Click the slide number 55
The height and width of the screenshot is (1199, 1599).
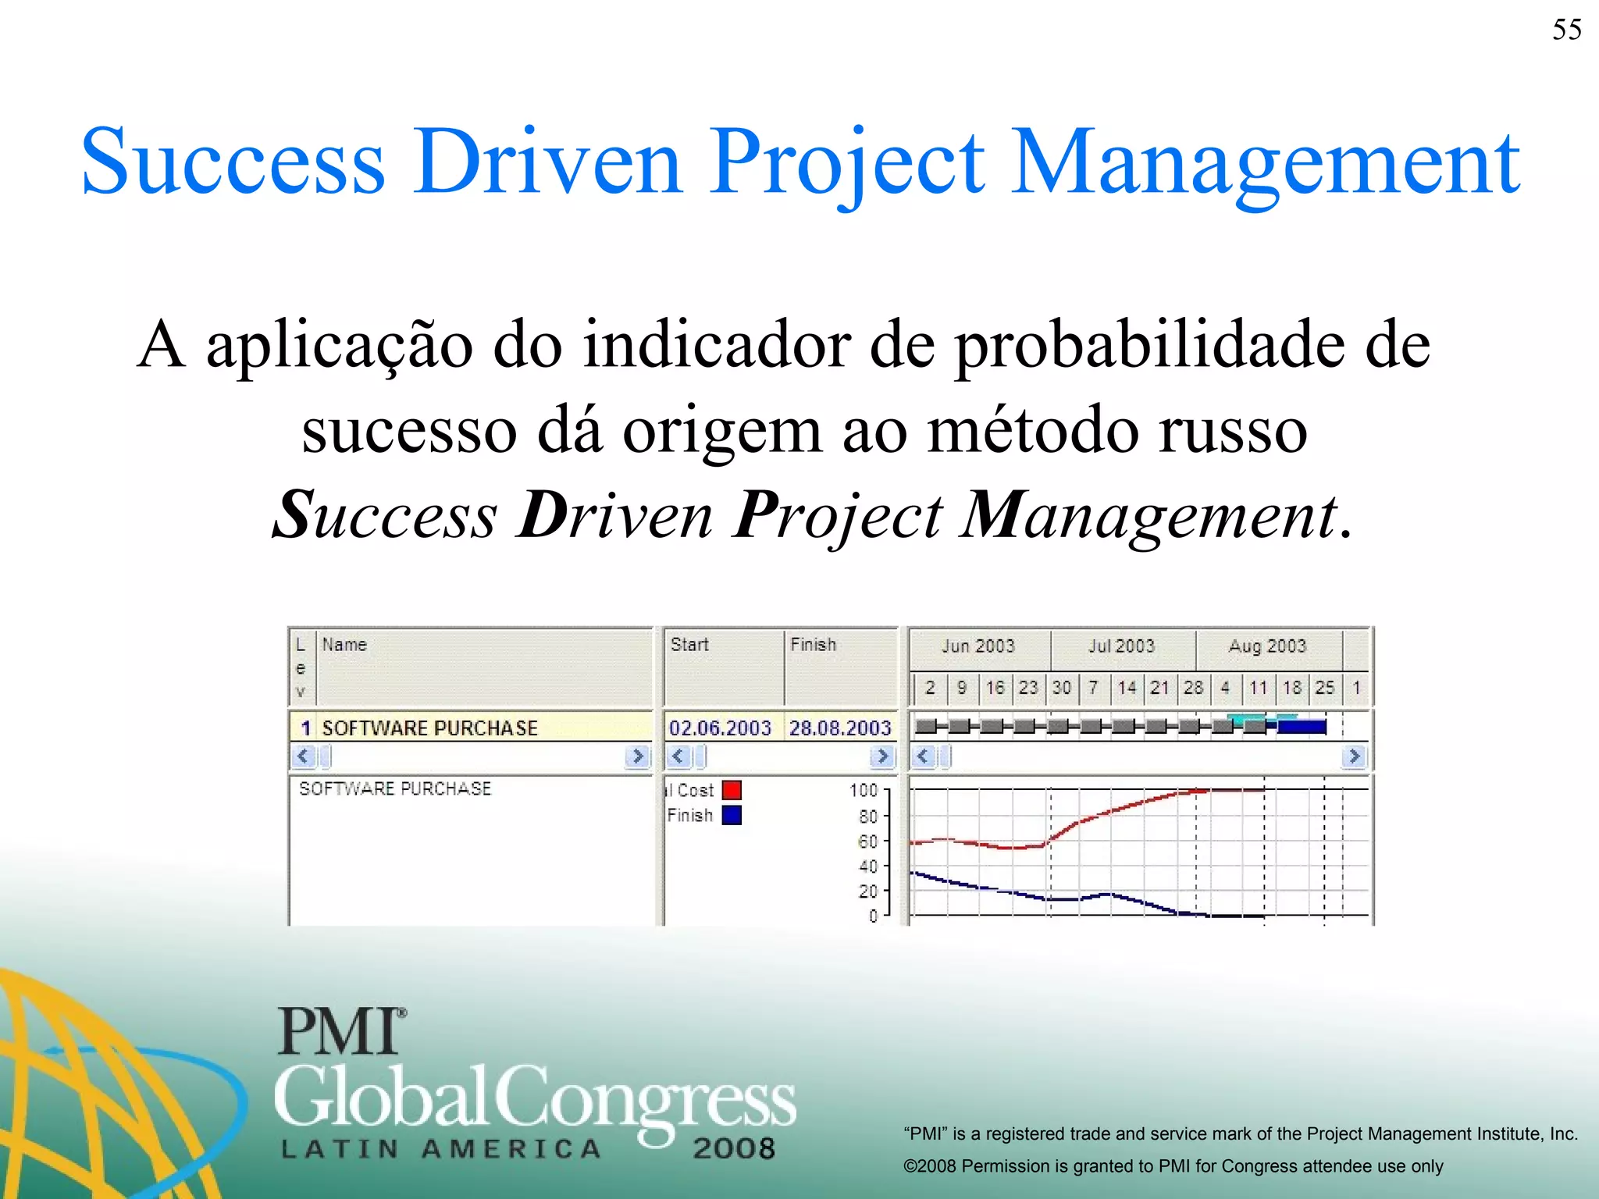tap(1566, 30)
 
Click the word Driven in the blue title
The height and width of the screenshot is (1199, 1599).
tap(548, 162)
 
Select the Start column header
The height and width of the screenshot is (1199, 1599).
tap(689, 645)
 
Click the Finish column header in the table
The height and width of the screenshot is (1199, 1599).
tap(813, 645)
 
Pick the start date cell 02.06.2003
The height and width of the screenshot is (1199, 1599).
tap(720, 728)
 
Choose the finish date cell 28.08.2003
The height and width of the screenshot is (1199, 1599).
tap(840, 728)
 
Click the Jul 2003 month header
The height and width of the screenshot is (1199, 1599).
tap(1121, 646)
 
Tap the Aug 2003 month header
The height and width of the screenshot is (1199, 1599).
tap(1267, 646)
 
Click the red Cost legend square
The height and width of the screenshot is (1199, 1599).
tap(732, 790)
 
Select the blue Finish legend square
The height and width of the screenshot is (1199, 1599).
tap(732, 815)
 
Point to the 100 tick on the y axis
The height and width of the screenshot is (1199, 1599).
tap(864, 791)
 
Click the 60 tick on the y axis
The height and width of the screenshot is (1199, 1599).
tap(867, 841)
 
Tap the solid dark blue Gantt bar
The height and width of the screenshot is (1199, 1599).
tap(1302, 728)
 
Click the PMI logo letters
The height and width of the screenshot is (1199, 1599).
tap(340, 1032)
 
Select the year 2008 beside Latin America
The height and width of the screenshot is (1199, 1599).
tap(734, 1148)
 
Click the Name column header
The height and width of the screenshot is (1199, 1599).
tap(344, 645)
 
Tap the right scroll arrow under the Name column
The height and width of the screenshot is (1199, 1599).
tap(638, 756)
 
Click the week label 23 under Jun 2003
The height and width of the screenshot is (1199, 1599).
tap(1028, 688)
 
